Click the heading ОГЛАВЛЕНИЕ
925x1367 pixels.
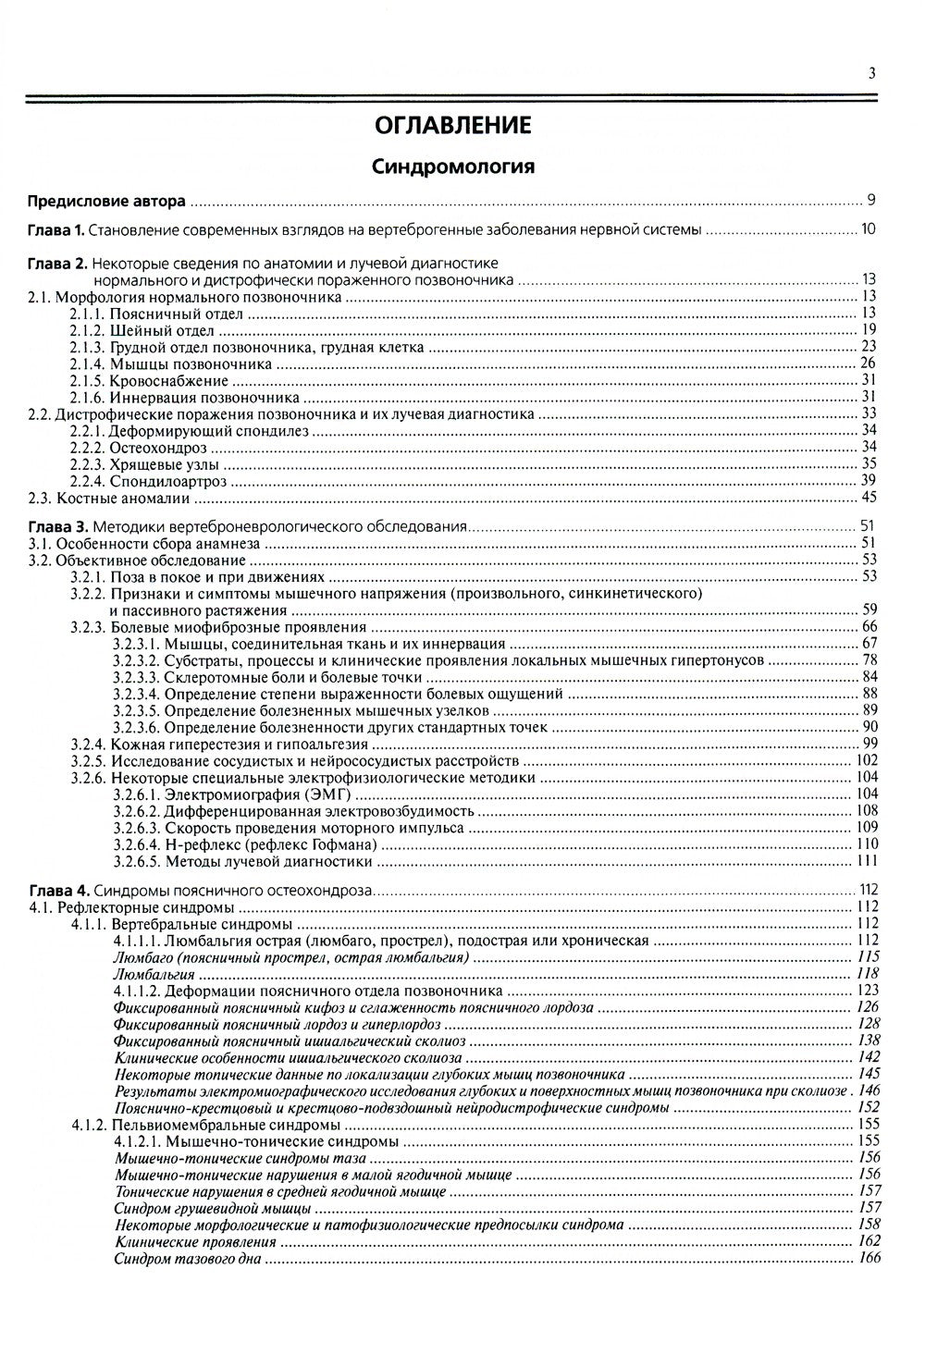pos(452,125)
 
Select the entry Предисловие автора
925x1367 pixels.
pos(106,200)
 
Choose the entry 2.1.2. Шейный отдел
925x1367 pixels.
pos(155,330)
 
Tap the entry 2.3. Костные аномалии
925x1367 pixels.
pos(109,499)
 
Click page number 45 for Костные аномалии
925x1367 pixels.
pos(868,499)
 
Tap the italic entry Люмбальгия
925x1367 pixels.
pos(154,974)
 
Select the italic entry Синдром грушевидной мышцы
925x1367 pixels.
pos(212,1208)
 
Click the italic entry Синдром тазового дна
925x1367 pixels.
pos(188,1259)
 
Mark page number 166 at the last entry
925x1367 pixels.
pos(868,1259)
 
